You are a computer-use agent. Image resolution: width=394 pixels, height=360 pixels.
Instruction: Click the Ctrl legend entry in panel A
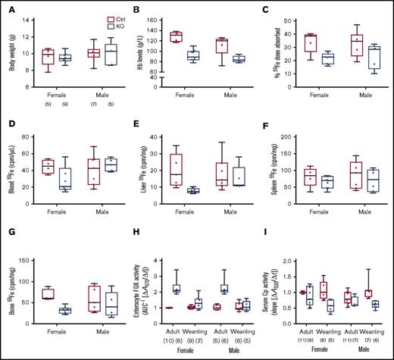(71, 15)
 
